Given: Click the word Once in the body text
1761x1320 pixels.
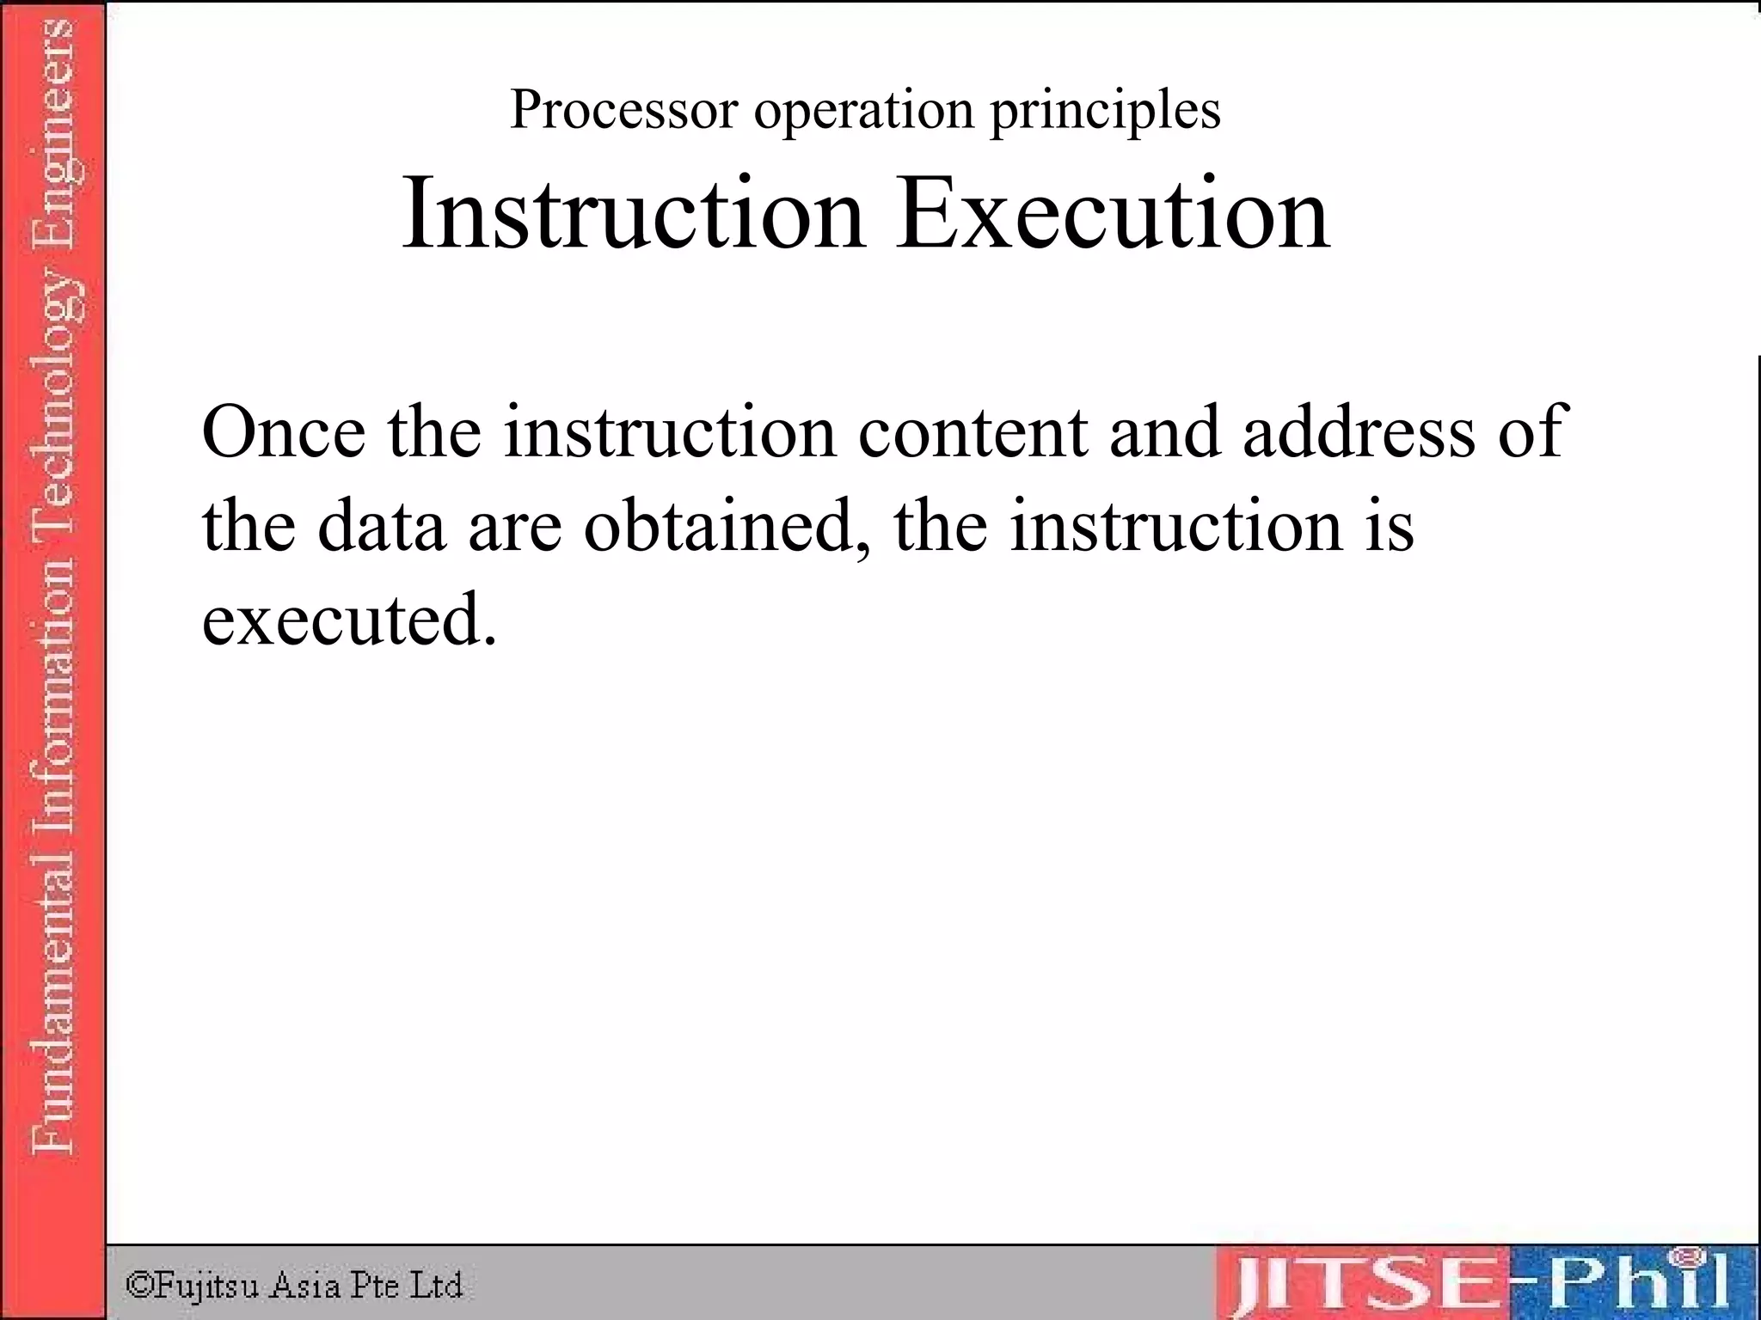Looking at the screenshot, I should point(284,431).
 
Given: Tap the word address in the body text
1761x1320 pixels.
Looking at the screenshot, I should point(1359,431).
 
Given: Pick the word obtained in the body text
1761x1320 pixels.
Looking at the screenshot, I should point(727,525).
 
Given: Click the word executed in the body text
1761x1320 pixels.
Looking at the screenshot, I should point(349,619).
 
